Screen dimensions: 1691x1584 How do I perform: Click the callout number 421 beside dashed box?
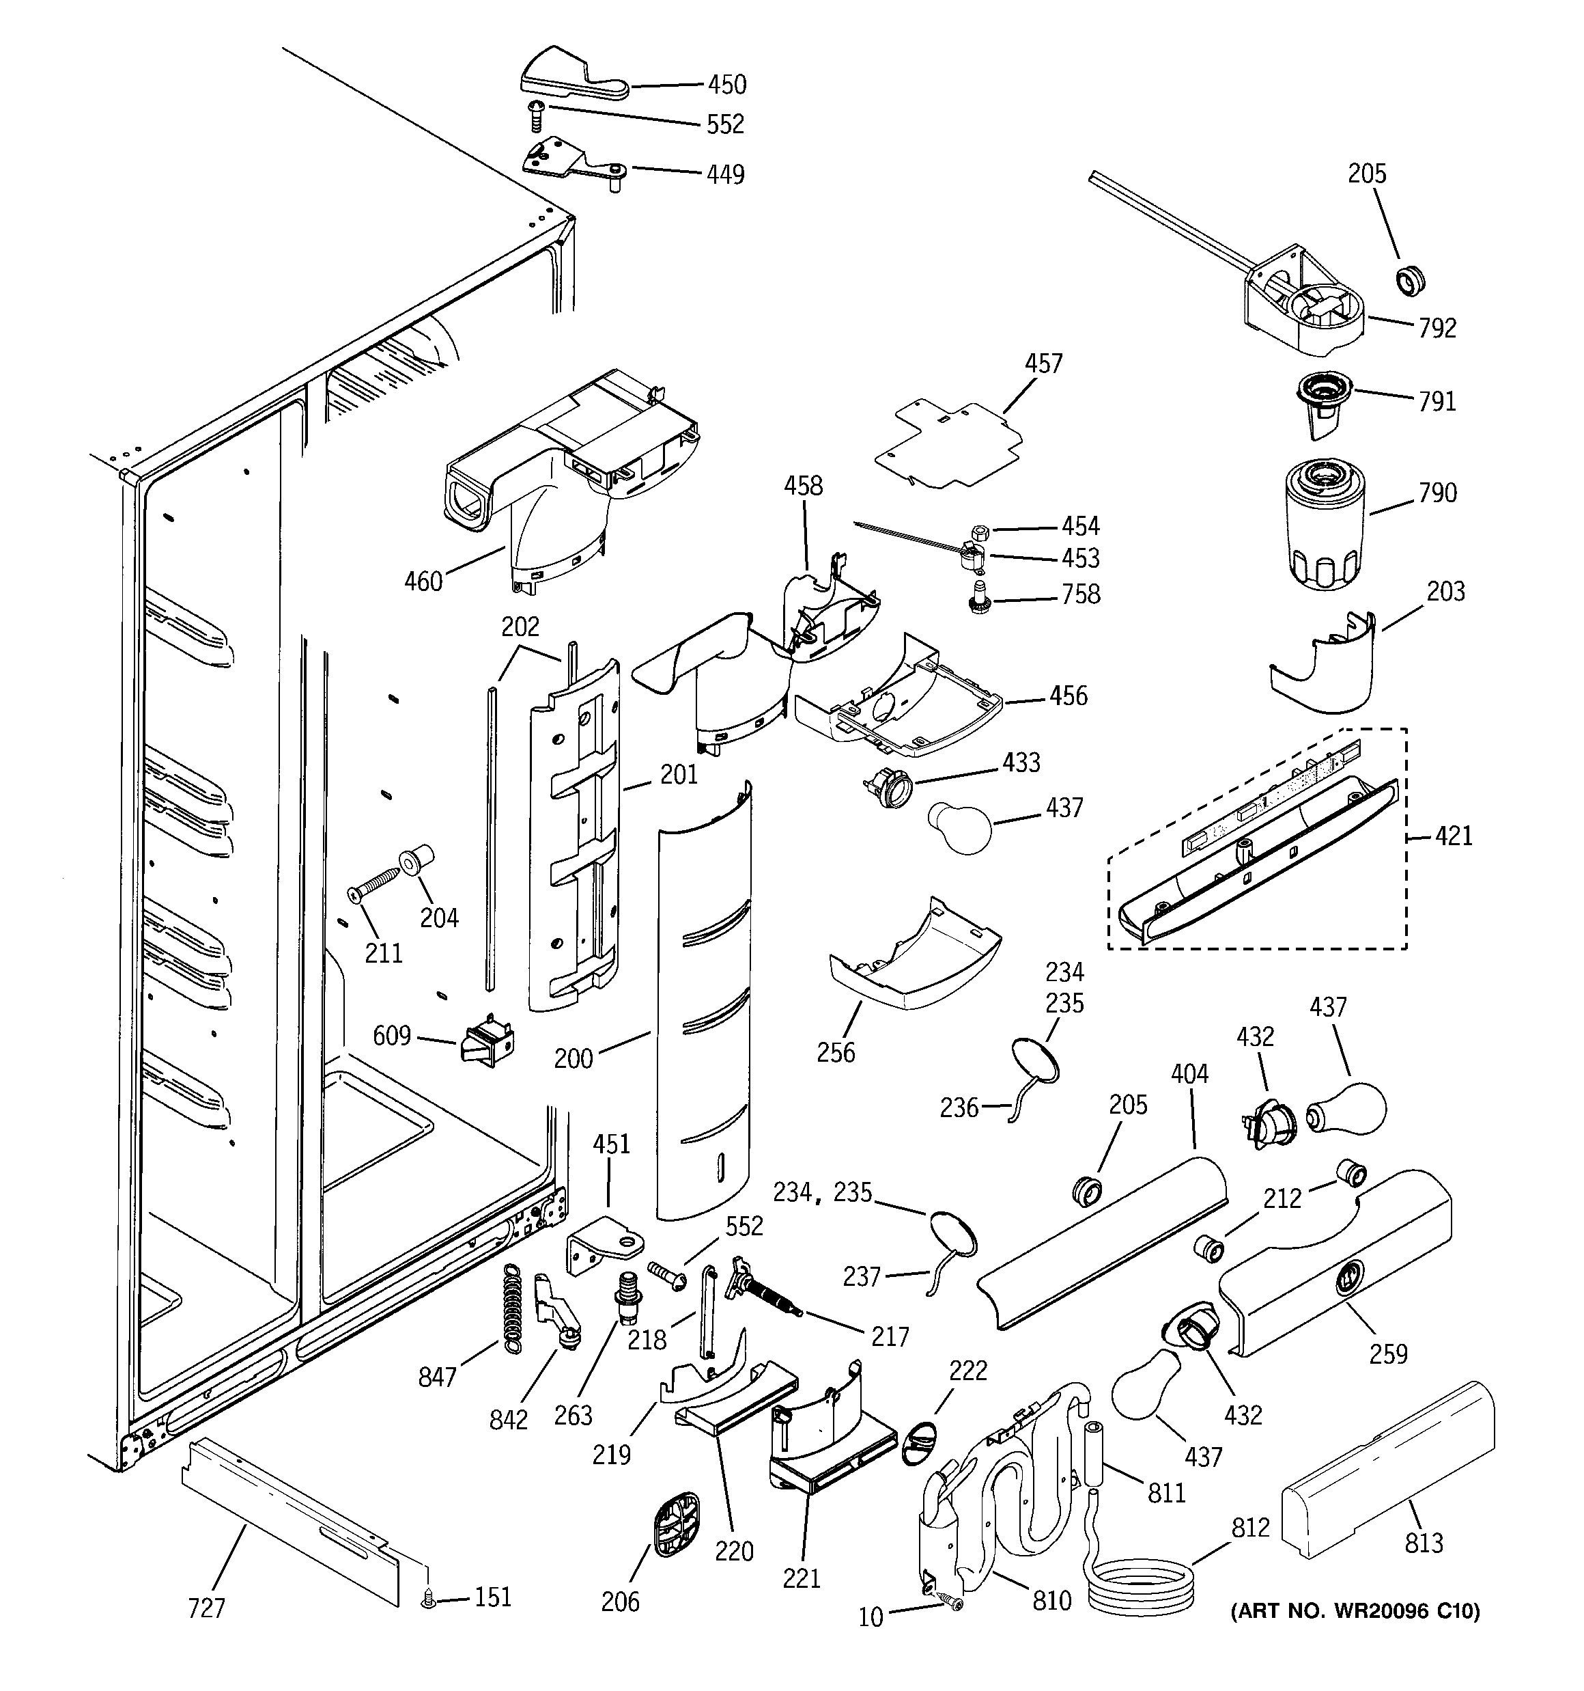1453,836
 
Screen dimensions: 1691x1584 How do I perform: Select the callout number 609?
391,1035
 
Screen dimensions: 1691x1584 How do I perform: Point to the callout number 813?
1424,1542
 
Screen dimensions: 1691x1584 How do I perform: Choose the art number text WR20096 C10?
1355,1611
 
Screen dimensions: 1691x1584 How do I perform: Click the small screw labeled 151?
427,1601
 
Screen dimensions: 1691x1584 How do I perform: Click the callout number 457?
1043,363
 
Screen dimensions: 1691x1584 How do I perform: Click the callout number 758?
1081,594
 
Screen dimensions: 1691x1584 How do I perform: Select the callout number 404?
1189,1074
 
